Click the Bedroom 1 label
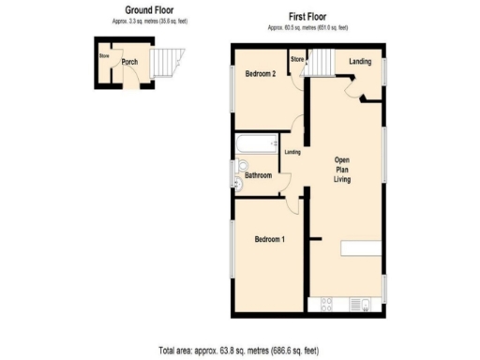click(270, 239)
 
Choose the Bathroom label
click(258, 175)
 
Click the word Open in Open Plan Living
click(342, 159)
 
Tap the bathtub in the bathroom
click(255, 145)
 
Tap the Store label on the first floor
click(297, 60)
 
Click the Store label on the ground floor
click(104, 55)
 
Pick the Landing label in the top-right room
click(358, 62)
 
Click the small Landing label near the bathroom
click(292, 152)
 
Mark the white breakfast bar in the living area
click(363, 248)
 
